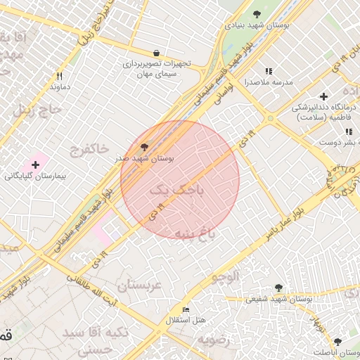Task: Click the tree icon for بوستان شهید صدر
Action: [x=145, y=148]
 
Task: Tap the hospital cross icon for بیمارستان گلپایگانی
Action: [x=35, y=164]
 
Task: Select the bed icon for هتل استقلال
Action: [x=186, y=309]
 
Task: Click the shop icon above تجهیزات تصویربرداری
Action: [x=156, y=53]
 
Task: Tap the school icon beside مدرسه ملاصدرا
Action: [x=268, y=71]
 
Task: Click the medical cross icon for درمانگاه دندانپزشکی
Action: [x=323, y=96]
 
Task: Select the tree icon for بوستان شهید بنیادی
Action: [x=257, y=13]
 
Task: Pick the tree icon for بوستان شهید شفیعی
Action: [x=279, y=288]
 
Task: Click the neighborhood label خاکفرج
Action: [x=89, y=148]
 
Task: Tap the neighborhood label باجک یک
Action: [x=169, y=189]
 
